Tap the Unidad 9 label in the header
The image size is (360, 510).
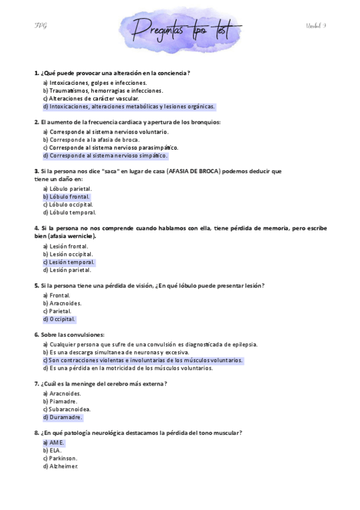point(316,25)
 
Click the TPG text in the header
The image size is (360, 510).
point(41,25)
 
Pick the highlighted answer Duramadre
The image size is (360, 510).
point(63,417)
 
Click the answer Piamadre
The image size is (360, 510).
point(60,401)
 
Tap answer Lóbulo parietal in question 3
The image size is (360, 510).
point(67,189)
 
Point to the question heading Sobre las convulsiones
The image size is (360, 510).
point(69,334)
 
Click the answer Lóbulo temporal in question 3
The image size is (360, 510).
point(69,212)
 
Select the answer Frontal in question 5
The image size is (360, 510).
point(56,295)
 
